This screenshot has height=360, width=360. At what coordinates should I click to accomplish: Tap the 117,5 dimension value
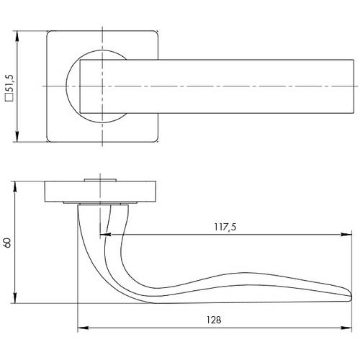pyautogui.click(x=225, y=227)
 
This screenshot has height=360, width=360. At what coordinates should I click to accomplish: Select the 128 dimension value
pyautogui.click(x=214, y=320)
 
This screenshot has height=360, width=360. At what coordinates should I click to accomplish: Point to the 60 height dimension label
pyautogui.click(x=7, y=243)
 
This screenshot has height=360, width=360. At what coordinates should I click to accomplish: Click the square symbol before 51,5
pyautogui.click(x=10, y=97)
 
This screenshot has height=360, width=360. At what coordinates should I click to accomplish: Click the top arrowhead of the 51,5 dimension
pyautogui.click(x=17, y=37)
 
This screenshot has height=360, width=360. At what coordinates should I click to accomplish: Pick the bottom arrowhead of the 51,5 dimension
pyautogui.click(x=17, y=136)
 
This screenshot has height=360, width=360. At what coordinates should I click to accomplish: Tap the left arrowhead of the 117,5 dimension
pyautogui.click(x=105, y=234)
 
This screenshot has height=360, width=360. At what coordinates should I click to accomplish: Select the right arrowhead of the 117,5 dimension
pyautogui.click(x=346, y=234)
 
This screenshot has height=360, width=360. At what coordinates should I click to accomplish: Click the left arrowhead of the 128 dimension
pyautogui.click(x=84, y=328)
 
